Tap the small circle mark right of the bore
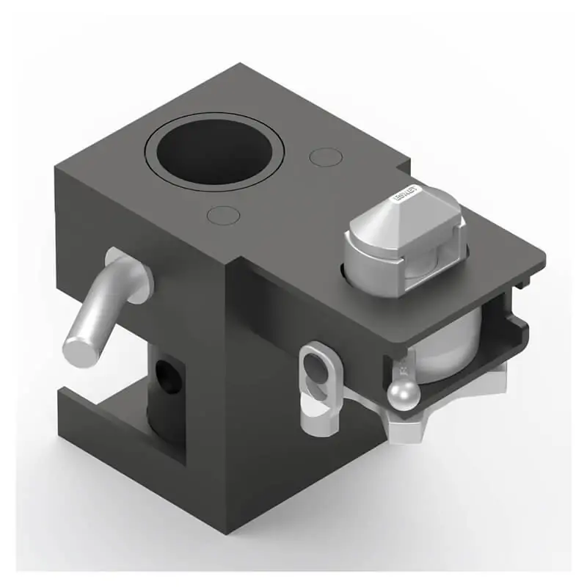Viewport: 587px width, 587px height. pos(325,157)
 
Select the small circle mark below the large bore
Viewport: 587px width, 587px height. pos(223,215)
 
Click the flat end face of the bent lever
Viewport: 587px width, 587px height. pos(80,349)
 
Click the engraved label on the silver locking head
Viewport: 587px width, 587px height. pos(406,194)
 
